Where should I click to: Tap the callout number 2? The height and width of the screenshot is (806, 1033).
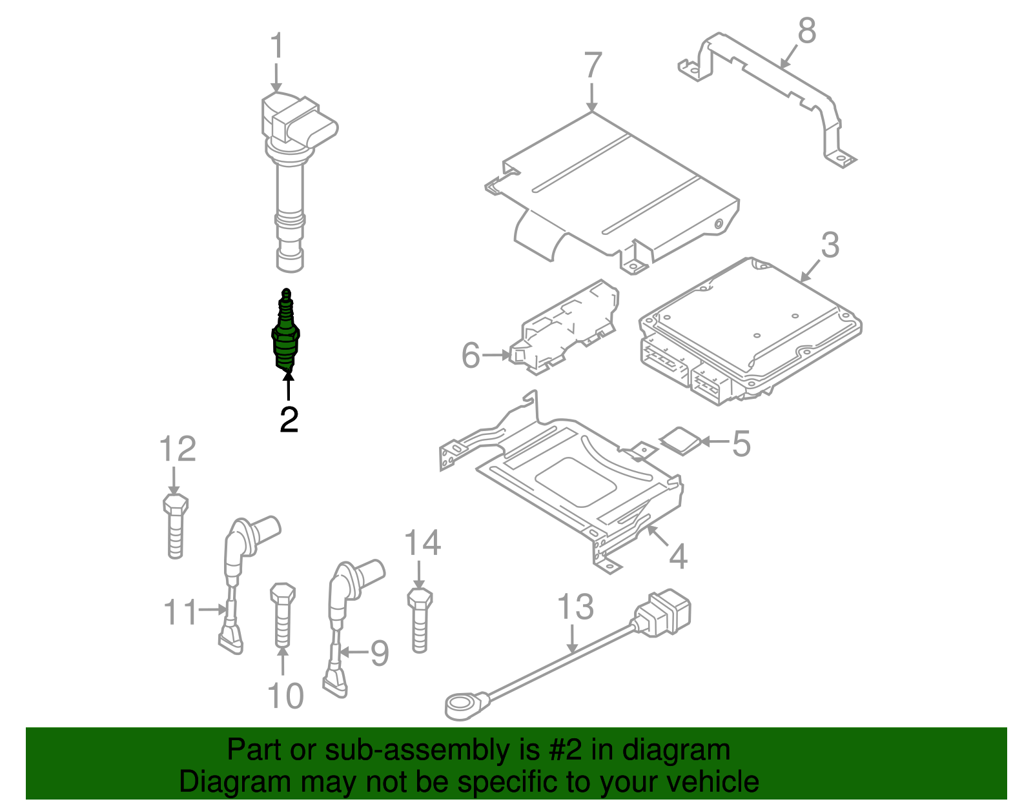click(x=289, y=420)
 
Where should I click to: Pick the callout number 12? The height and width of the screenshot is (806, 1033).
click(x=178, y=449)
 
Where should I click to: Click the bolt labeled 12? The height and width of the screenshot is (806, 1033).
click(x=176, y=526)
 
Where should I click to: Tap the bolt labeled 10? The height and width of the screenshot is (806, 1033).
click(x=282, y=614)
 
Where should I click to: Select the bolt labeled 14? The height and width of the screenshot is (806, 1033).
click(x=420, y=620)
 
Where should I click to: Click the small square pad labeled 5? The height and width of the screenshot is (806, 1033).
click(x=680, y=441)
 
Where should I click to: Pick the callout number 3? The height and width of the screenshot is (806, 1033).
click(x=830, y=246)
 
